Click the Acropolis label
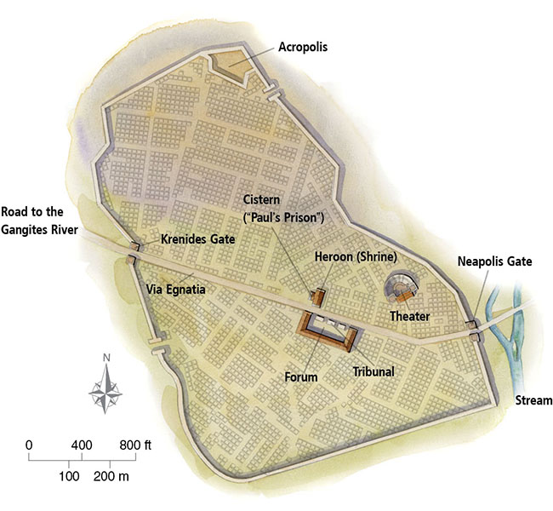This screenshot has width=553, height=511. click(303, 48)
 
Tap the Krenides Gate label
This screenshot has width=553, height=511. click(197, 241)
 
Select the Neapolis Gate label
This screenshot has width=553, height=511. click(494, 261)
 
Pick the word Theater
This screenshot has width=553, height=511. click(408, 316)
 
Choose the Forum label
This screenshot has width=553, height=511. click(300, 376)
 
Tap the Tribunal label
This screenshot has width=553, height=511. click(373, 371)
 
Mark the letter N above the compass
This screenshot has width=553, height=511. click(106, 358)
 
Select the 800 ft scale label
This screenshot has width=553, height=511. click(134, 445)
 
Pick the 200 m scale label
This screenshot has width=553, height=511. click(111, 475)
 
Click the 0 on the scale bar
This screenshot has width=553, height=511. click(29, 445)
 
